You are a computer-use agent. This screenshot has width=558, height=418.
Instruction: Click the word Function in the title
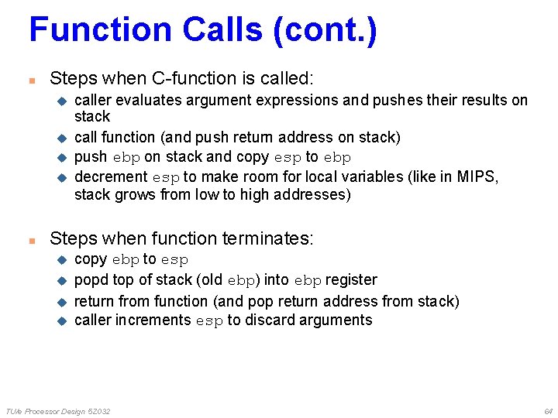[x=101, y=30]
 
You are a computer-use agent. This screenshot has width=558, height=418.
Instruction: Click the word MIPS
[x=476, y=177]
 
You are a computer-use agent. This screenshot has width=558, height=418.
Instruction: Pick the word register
[x=352, y=279]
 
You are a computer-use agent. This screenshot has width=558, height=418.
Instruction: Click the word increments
[x=153, y=320]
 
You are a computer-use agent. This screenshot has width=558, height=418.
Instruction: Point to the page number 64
[x=548, y=410]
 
